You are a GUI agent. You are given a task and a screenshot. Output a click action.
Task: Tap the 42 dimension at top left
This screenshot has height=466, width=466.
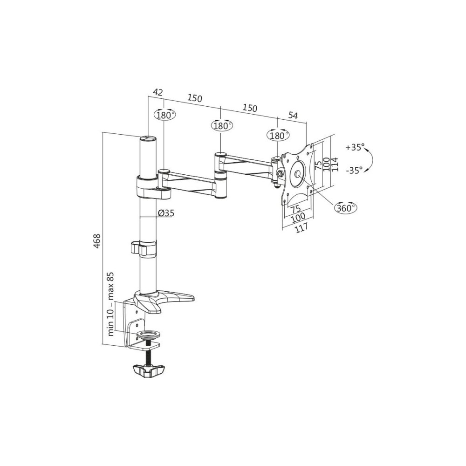click(158, 92)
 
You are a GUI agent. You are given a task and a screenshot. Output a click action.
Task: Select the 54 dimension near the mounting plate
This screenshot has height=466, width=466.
click(293, 115)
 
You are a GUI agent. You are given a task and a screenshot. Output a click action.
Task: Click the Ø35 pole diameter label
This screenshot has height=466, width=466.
click(166, 213)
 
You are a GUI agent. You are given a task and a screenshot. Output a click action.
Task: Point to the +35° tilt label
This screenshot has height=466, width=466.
click(355, 147)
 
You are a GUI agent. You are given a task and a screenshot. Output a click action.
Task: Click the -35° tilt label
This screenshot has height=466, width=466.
click(354, 170)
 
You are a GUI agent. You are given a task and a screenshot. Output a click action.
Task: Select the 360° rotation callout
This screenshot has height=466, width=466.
click(346, 208)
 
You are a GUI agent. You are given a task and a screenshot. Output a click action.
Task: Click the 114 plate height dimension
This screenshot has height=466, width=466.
click(335, 164)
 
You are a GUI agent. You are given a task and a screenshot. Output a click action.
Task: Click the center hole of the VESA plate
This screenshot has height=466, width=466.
click(298, 174)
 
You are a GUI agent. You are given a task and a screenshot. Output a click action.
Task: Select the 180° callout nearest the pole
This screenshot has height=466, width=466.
click(164, 115)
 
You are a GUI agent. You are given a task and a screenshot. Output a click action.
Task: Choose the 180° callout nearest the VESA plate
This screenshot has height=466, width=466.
click(278, 136)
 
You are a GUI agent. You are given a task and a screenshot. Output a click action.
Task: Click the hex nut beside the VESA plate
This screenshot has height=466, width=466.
click(280, 173)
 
